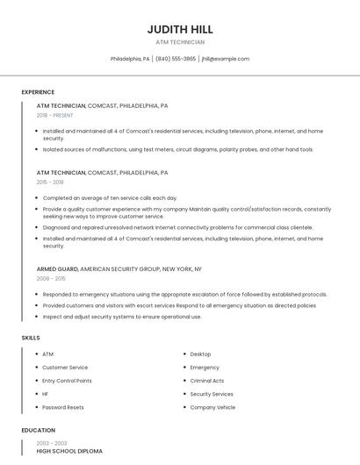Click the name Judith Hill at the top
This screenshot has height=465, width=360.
click(180, 29)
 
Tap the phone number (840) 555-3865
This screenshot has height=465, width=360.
click(176, 59)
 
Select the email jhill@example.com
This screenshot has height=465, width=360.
click(226, 59)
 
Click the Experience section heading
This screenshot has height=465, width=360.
click(38, 92)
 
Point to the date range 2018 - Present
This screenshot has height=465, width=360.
click(54, 115)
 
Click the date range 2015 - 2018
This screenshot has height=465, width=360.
click(50, 182)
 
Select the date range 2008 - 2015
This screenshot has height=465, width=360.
click(51, 278)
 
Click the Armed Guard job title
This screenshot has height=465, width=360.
click(57, 268)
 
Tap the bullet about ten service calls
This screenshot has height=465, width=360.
click(110, 198)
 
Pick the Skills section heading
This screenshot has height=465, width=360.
click(30, 337)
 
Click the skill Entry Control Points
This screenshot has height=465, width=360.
click(67, 381)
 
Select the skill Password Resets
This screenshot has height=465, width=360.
click(63, 407)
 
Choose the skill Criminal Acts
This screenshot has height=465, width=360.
click(207, 381)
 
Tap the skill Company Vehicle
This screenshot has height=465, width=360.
click(212, 407)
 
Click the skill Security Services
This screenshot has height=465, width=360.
click(212, 394)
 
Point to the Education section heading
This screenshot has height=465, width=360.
click(37, 430)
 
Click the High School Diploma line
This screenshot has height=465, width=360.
click(69, 451)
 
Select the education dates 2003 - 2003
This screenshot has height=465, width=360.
click(52, 443)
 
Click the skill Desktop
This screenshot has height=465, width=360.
click(200, 354)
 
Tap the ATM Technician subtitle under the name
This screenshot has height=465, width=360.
click(180, 42)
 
